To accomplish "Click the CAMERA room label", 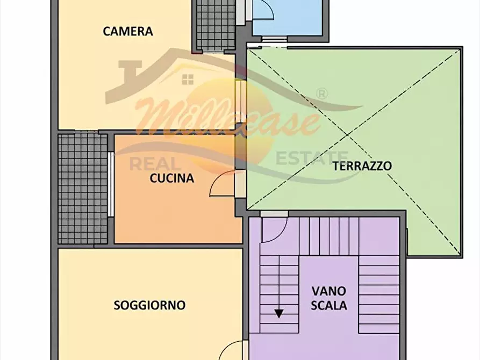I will click(128, 31).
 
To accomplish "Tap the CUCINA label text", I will click(171, 178).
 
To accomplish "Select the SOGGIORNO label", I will click(149, 305).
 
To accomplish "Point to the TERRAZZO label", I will click(362, 165).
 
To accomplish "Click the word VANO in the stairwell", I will click(329, 292).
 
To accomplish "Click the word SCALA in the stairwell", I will click(329, 306).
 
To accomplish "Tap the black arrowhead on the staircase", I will click(279, 313).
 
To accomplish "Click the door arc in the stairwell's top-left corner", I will click(271, 231).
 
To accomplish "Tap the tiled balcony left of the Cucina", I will click(83, 188).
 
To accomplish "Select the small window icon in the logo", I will click(188, 80).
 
